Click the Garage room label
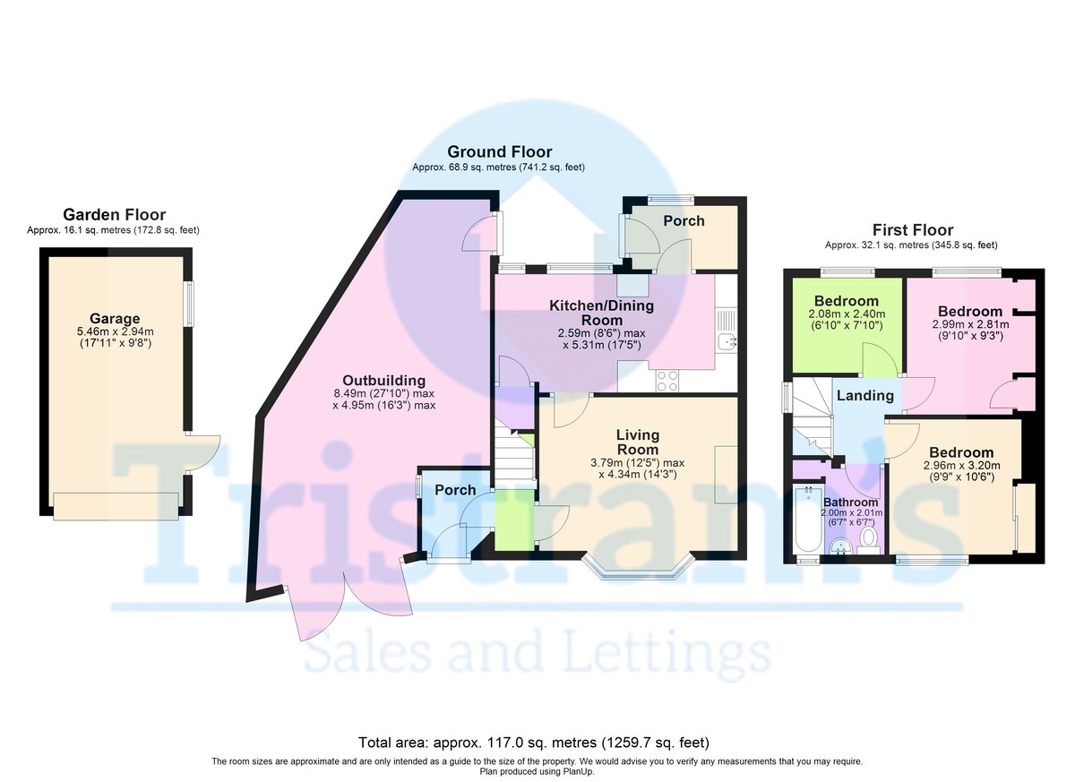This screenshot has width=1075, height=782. click(115, 319)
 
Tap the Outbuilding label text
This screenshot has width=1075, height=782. click(384, 381)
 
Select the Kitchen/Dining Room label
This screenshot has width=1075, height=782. click(601, 313)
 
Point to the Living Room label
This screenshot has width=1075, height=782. click(638, 443)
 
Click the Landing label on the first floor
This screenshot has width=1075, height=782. click(865, 395)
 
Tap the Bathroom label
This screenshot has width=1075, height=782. click(851, 503)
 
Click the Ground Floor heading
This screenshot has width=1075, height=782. click(500, 151)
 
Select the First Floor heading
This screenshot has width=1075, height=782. click(913, 230)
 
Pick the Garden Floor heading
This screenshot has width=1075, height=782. click(115, 214)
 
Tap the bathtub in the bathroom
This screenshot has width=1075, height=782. click(809, 520)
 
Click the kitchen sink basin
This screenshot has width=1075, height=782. click(727, 342)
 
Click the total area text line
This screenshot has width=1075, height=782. click(534, 743)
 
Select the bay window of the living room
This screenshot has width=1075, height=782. click(638, 567)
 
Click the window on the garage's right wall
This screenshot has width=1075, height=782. click(191, 304)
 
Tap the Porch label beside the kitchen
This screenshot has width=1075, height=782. click(684, 220)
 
